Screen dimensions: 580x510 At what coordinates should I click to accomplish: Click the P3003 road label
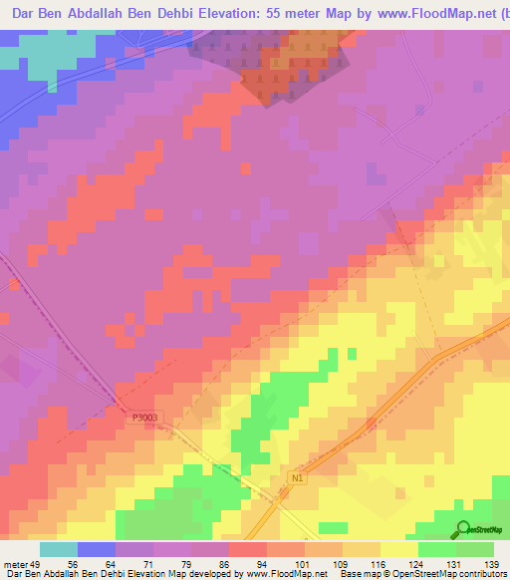[144, 419]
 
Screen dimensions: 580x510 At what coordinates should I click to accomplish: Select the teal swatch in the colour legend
[59, 550]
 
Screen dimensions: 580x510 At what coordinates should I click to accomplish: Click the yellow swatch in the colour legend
[399, 550]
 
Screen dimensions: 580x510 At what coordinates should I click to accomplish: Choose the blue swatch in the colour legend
[97, 550]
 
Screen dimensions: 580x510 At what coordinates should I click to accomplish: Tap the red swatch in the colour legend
[248, 550]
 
